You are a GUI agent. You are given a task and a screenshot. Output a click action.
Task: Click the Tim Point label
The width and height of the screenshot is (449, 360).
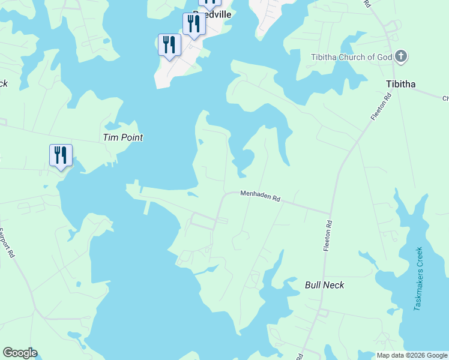click(123, 137)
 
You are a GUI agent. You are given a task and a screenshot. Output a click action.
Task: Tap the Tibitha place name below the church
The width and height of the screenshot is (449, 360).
click(401, 84)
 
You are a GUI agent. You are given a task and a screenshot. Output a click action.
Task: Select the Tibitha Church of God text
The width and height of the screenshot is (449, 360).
click(351, 58)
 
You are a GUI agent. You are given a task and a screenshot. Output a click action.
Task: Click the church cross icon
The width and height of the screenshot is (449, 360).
click(401, 58)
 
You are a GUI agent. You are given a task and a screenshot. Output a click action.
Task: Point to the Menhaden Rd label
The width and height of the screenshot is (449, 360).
click(261, 196)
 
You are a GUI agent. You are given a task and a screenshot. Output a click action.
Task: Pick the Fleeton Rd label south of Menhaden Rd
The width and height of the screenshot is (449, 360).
click(328, 236)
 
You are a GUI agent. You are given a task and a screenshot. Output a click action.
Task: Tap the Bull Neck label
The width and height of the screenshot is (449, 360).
click(324, 285)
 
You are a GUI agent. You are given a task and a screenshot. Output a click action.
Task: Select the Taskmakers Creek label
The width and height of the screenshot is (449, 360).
click(419, 278)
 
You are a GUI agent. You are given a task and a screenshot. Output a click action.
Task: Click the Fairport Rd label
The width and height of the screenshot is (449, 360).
click(8, 242)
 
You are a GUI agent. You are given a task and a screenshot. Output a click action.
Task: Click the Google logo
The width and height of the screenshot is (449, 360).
click(20, 353)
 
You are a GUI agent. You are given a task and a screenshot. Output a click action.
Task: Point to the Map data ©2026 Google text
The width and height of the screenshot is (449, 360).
click(412, 355)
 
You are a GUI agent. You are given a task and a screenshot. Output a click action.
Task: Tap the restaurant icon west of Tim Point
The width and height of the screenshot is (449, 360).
click(61, 155)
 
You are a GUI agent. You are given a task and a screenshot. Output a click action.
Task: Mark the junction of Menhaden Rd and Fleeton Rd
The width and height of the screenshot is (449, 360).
click(330, 212)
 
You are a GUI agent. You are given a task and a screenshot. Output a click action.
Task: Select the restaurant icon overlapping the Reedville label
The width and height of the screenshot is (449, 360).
click(193, 24)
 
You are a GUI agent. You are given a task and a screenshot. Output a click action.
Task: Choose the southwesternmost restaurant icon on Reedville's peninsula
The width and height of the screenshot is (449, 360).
click(169, 44)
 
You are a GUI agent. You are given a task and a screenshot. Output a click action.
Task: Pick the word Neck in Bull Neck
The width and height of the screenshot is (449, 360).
click(334, 285)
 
